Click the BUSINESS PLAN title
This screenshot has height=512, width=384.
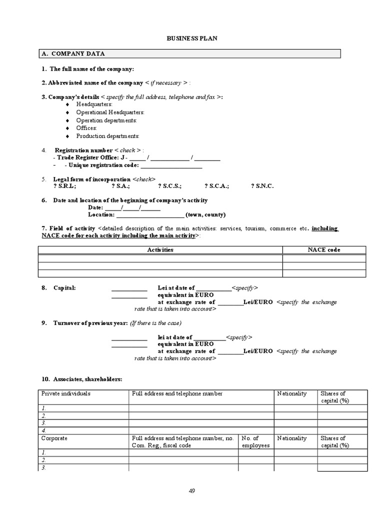pos(192,38)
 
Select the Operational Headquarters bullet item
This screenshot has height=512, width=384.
pos(110,112)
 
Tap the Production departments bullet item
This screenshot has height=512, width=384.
pos(107,136)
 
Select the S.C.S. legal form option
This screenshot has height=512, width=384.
pos(169,186)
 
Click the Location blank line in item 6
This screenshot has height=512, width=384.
pos(150,215)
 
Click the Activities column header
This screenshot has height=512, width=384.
pos(160,249)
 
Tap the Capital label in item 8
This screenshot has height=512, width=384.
pos(64,288)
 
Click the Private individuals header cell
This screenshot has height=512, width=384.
pos(66,394)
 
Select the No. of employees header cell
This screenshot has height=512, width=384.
pos(255,441)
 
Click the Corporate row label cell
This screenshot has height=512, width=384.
pos(54,438)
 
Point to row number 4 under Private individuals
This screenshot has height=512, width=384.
pos(44,430)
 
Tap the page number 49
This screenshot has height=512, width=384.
pos(192,490)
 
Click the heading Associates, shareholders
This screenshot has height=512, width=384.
pos(88,380)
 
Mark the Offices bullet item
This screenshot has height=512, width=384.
pos(86,128)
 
